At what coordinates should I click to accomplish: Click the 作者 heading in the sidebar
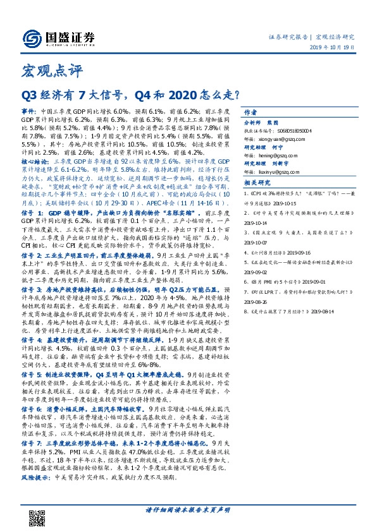click(251, 109)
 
